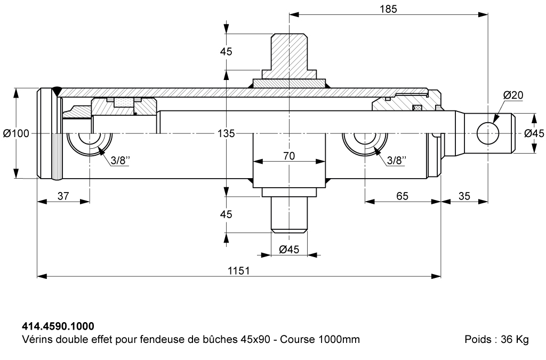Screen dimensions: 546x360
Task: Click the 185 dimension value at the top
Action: point(388,9)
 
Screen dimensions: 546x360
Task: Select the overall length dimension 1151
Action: point(239,270)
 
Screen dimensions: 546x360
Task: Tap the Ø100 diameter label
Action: point(17,133)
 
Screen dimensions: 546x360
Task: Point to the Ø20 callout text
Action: point(513,95)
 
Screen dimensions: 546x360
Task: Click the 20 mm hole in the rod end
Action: point(488,133)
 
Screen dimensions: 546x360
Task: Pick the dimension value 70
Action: point(289,156)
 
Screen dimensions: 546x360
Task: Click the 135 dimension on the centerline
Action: point(226,133)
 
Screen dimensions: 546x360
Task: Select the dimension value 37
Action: point(63,196)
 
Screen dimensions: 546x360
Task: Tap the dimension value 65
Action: point(402,196)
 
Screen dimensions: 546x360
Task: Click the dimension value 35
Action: point(464,196)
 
